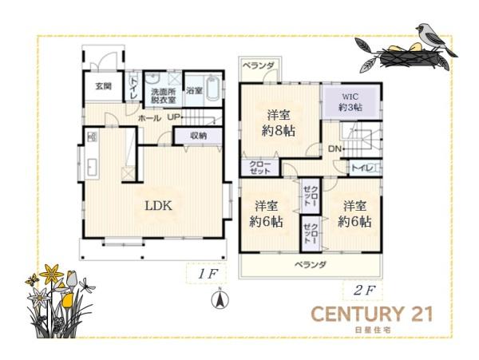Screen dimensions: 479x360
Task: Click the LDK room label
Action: click(x=158, y=206)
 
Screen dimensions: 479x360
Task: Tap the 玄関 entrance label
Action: click(x=104, y=86)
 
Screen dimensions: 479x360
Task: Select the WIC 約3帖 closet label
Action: click(x=350, y=102)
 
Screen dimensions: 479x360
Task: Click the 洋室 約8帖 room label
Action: click(x=279, y=123)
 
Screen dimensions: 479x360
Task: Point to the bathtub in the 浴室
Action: click(x=213, y=88)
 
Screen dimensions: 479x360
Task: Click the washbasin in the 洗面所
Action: click(x=152, y=78)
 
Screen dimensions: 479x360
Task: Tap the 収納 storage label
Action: click(x=199, y=136)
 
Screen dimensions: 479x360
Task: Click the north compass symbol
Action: click(x=220, y=299)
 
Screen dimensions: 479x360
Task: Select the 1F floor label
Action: click(x=207, y=275)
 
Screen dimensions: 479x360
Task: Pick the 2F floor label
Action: click(x=363, y=291)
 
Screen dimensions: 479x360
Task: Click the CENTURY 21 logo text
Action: click(x=372, y=314)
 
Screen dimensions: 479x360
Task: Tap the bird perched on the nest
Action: click(x=435, y=38)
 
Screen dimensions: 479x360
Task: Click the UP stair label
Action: click(x=173, y=117)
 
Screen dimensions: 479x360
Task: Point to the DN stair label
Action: click(x=335, y=149)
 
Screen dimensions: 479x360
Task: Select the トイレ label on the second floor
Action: click(x=362, y=168)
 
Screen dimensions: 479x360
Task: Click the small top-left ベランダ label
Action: click(x=259, y=65)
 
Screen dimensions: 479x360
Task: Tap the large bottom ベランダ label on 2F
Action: click(x=311, y=264)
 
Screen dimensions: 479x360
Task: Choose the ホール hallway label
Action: click(x=149, y=118)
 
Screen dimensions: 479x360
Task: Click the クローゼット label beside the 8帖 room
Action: click(x=260, y=168)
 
